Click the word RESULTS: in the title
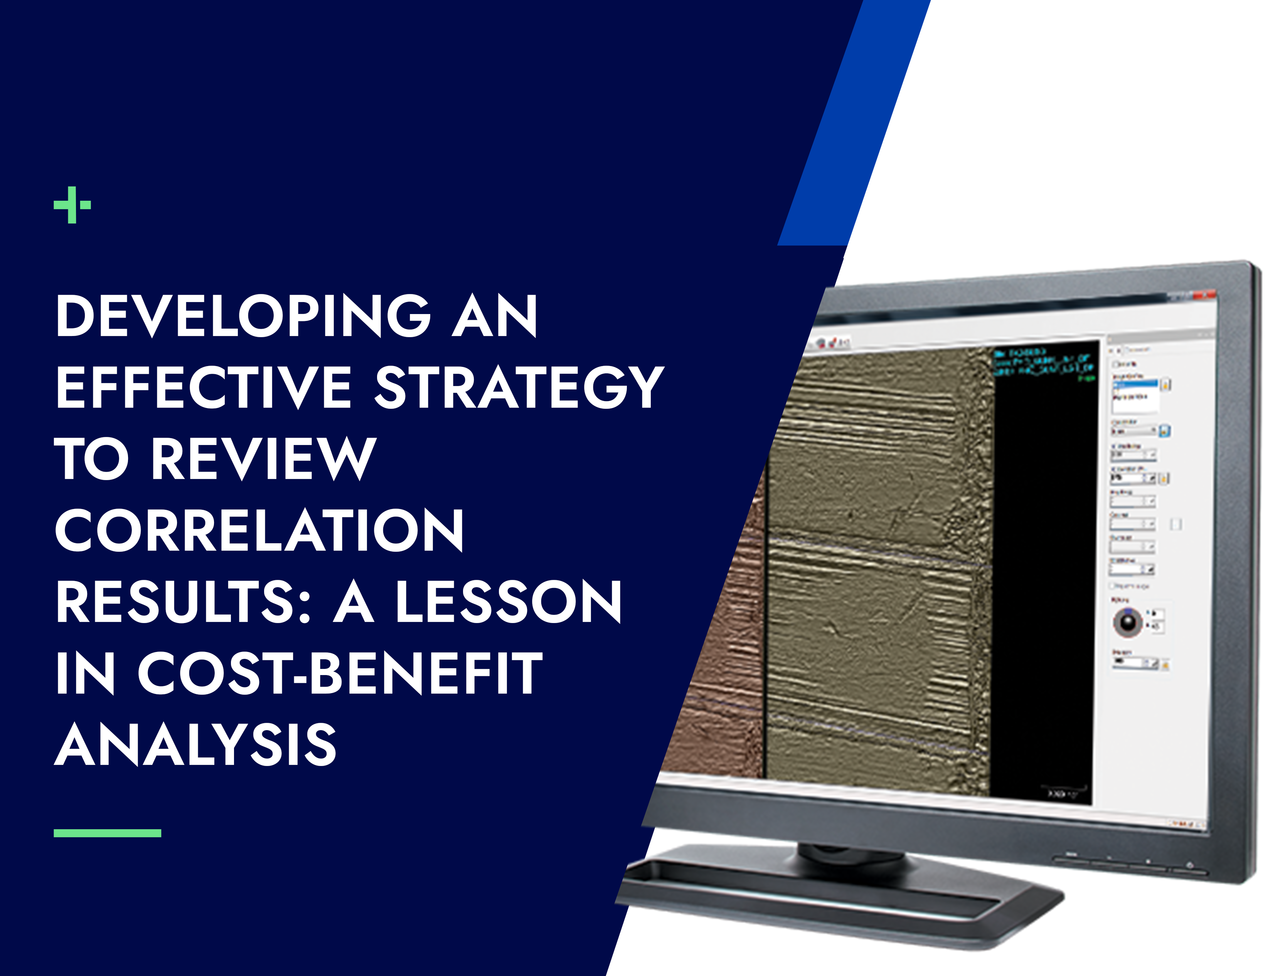click(184, 602)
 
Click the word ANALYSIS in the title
click(196, 745)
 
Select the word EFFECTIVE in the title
click(204, 388)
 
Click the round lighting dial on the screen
click(1127, 622)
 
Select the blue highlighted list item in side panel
click(1135, 385)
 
